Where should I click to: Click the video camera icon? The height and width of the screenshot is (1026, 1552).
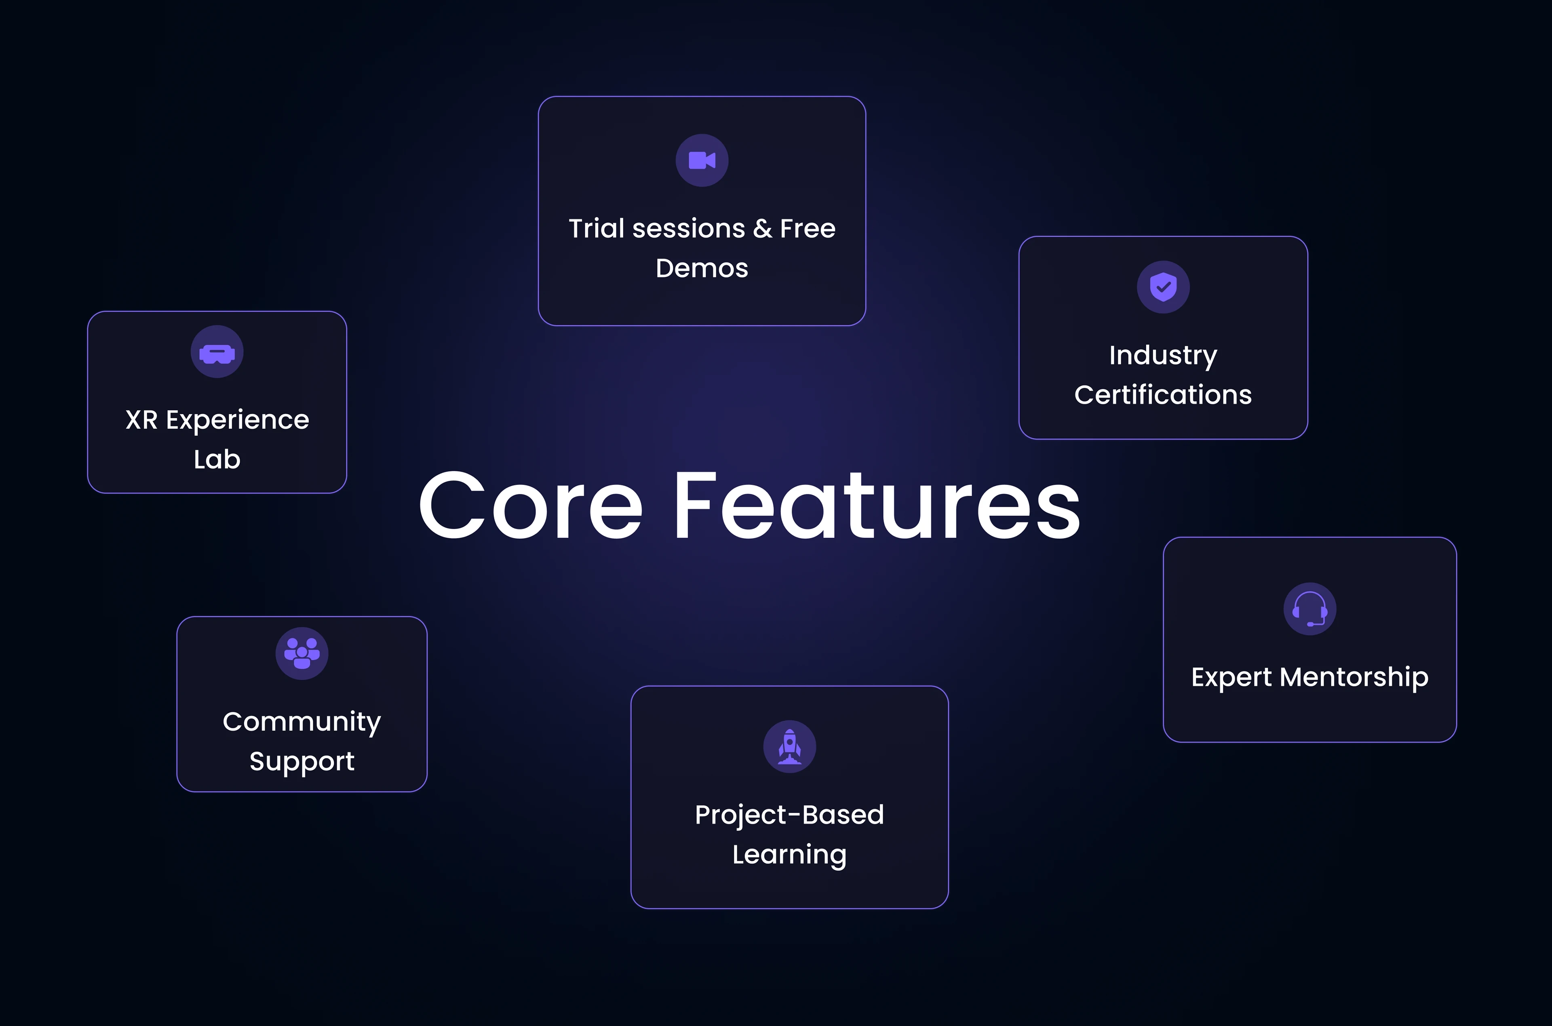pyautogui.click(x=702, y=160)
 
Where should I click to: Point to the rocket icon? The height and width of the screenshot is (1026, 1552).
pyautogui.click(x=790, y=747)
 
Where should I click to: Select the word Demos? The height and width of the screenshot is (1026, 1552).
pyautogui.click(x=702, y=268)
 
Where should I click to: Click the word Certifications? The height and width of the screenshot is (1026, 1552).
pyautogui.click(x=1163, y=394)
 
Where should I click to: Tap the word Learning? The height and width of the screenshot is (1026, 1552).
pyautogui.click(x=790, y=855)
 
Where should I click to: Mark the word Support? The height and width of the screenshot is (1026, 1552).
pyautogui.click(x=302, y=762)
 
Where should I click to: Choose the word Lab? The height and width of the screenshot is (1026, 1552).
pyautogui.click(x=217, y=459)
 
